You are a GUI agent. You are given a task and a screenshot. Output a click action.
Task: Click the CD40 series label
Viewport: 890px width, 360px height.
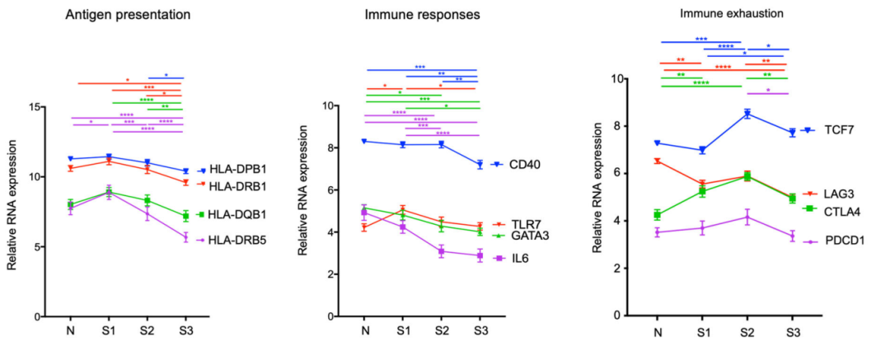coord(524,165)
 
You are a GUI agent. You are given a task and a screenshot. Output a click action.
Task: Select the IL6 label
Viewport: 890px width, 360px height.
coord(519,259)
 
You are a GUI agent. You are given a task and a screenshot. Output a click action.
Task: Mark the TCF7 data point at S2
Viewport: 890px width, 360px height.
coord(747,114)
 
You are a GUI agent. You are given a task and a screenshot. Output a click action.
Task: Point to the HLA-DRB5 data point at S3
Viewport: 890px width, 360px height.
coord(185,237)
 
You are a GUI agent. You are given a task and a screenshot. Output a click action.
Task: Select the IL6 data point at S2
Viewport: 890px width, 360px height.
coord(442,252)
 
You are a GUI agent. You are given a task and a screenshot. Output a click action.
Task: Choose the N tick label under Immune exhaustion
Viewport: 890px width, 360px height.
coord(657,332)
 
